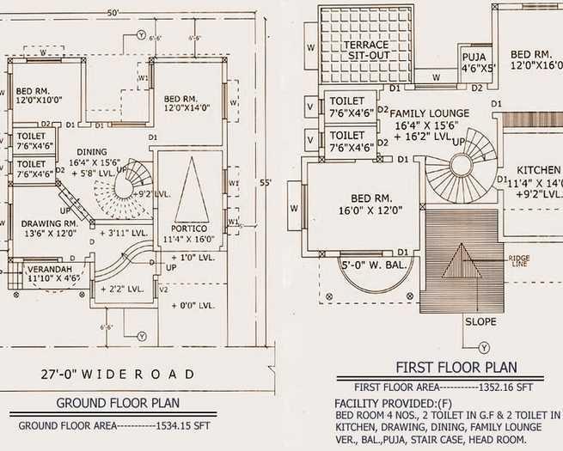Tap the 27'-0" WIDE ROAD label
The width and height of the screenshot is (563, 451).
point(118,374)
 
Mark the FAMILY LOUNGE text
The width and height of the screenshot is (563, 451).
point(430,113)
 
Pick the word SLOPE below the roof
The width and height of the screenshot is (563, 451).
point(480,321)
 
